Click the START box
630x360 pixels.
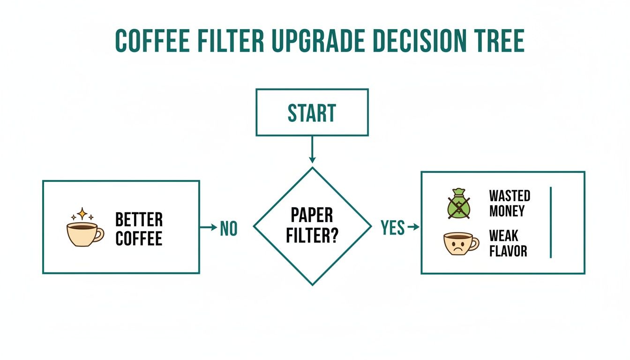(x=312, y=112)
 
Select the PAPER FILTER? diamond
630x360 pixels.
(x=312, y=226)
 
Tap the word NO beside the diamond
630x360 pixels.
(x=229, y=229)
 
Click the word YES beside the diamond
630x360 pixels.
(x=393, y=228)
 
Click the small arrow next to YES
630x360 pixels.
(x=413, y=227)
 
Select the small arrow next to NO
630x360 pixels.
(x=208, y=227)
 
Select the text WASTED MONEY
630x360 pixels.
(x=510, y=203)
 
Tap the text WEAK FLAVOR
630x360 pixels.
(x=508, y=243)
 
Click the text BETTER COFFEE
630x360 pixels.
(x=139, y=229)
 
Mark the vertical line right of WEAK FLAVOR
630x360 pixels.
(x=551, y=222)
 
